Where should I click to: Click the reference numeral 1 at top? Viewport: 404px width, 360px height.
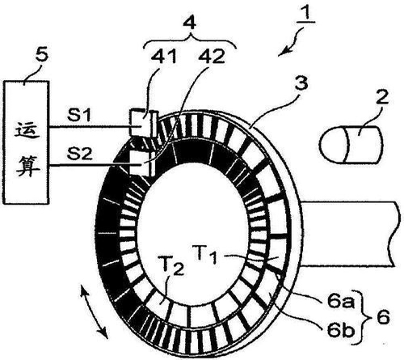coord(306,12)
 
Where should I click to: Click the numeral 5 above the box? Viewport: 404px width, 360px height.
coord(42,55)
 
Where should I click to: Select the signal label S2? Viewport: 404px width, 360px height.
coord(80,154)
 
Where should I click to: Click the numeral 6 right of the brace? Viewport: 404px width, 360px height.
coord(383,316)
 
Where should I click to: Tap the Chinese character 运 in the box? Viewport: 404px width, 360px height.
coord(27,130)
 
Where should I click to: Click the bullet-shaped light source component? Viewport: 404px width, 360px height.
coord(351,145)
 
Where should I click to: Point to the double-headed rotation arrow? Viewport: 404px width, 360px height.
coord(94,312)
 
